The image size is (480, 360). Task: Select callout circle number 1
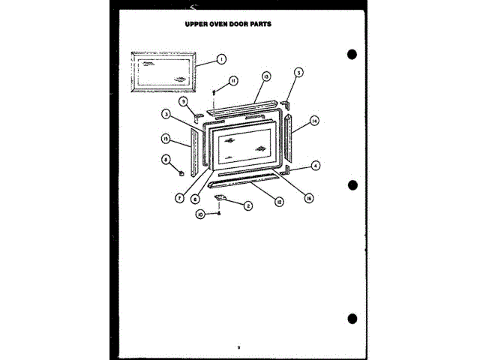[x=221, y=58]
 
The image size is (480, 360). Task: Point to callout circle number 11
[x=233, y=81]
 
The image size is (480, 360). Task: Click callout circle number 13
[x=266, y=76]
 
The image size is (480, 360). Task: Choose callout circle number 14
[x=315, y=120]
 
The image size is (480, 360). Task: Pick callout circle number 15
[x=164, y=138]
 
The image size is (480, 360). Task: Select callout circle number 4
[x=316, y=165]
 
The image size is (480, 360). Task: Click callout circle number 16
[x=308, y=198]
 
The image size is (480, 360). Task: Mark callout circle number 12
[x=279, y=202]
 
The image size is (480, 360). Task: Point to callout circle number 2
[x=247, y=205]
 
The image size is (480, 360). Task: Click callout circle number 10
[x=200, y=214]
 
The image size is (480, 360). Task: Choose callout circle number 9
[x=183, y=100]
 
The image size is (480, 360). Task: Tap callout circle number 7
[x=180, y=197]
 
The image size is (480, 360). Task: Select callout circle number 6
[x=194, y=199]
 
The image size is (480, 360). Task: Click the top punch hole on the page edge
[x=352, y=55]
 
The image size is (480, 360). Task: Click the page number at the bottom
[x=238, y=346]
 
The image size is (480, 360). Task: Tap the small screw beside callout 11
[x=215, y=91]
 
